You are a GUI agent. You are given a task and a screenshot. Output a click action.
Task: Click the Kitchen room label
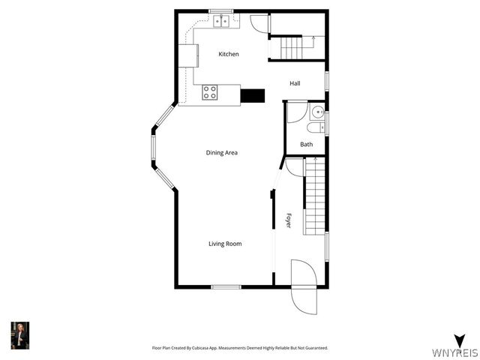[229, 54]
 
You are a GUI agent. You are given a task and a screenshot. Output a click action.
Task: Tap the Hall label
[295, 83]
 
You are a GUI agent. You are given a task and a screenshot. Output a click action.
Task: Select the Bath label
[307, 144]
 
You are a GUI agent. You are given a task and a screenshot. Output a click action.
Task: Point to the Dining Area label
[222, 153]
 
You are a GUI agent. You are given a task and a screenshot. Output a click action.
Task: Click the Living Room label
[225, 244]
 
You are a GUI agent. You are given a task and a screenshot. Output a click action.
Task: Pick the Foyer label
[289, 220]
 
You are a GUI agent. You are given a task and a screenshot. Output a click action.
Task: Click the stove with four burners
[210, 92]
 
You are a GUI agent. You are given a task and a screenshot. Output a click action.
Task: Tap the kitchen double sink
[222, 22]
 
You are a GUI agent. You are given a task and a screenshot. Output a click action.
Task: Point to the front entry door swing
[304, 287]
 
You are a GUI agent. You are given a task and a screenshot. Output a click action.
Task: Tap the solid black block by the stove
[253, 95]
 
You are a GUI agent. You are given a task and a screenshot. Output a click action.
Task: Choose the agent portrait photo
[19, 335]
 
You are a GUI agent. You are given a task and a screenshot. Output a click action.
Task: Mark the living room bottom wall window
[226, 286]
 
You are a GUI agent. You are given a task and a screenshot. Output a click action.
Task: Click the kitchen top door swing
[259, 23]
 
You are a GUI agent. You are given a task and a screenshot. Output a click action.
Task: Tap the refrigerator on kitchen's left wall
[188, 56]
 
